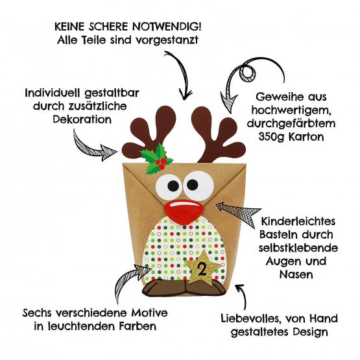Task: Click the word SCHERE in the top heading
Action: [108, 27]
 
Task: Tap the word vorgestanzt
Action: [167, 40]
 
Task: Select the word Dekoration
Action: [82, 119]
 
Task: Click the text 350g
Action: [271, 137]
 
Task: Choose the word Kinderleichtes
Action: [298, 222]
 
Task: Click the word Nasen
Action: [296, 274]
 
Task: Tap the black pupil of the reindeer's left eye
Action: [173, 186]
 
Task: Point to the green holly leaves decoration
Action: [156, 159]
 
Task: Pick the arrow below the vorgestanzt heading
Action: [182, 73]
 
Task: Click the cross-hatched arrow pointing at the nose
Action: [239, 212]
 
